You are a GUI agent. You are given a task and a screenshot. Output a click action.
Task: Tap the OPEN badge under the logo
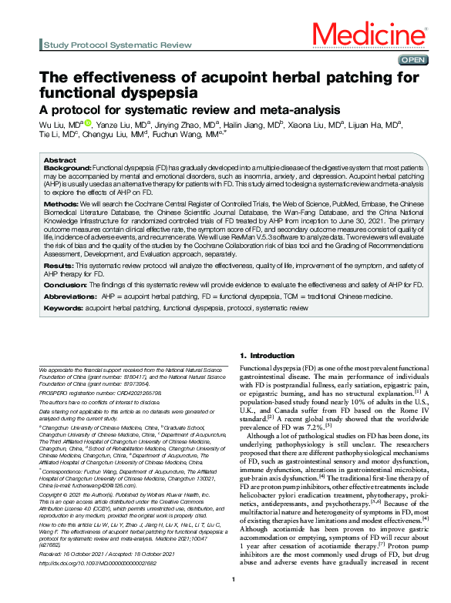pyautogui.click(x=412, y=60)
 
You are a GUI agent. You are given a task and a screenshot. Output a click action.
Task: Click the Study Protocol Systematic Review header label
pyautogui.click(x=118, y=45)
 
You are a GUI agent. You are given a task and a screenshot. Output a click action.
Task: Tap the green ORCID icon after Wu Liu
pyautogui.click(x=89, y=123)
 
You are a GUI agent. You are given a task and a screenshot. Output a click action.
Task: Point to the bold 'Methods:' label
pyautogui.click(x=62, y=204)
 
